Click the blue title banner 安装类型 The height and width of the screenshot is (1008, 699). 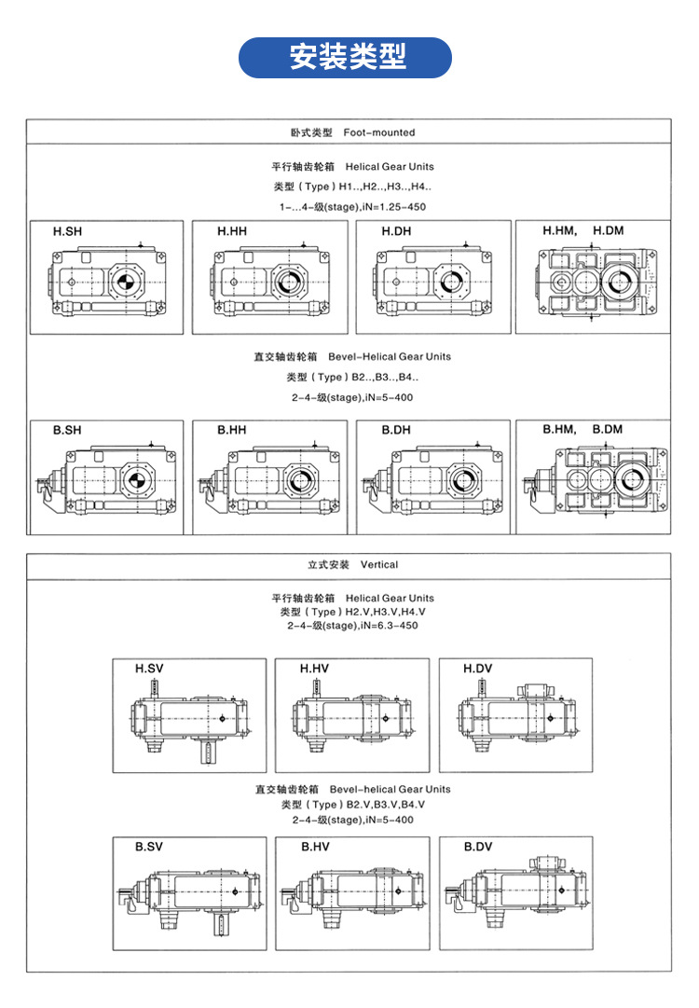pyautogui.click(x=347, y=58)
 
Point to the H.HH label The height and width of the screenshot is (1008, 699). pyautogui.click(x=232, y=230)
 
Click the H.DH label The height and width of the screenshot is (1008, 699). pyautogui.click(x=396, y=230)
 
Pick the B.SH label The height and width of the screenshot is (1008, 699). pyautogui.click(x=67, y=430)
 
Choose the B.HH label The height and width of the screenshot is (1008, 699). pyautogui.click(x=232, y=430)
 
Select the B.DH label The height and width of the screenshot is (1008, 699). pyautogui.click(x=396, y=430)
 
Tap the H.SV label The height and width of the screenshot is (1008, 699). pyautogui.click(x=149, y=669)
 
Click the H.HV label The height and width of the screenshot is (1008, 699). pyautogui.click(x=314, y=669)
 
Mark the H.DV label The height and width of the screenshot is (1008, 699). pyautogui.click(x=477, y=669)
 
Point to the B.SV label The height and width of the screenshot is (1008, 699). pyautogui.click(x=149, y=847)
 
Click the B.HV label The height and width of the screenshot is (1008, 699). pyautogui.click(x=314, y=847)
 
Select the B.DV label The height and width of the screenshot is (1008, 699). pyautogui.click(x=477, y=847)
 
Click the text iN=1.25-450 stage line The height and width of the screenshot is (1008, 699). pyautogui.click(x=352, y=206)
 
